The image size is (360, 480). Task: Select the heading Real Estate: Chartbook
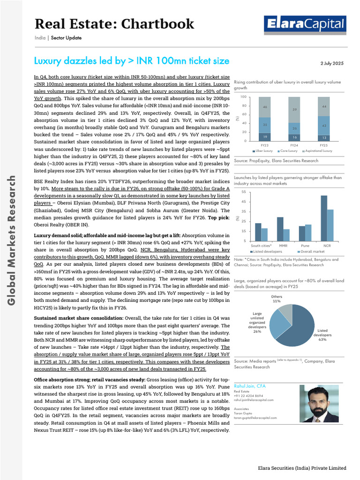pos(114,23)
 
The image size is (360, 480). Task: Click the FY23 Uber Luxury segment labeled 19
pos(265,136)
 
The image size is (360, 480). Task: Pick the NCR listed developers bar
pos(324,218)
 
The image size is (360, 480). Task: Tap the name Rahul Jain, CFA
pos(249,386)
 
